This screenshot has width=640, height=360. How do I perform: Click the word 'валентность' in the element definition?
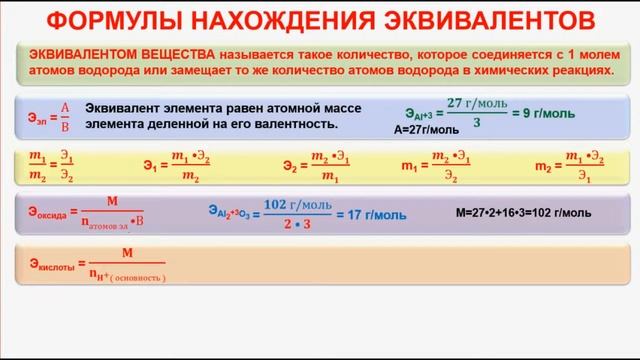coord(301,124)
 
